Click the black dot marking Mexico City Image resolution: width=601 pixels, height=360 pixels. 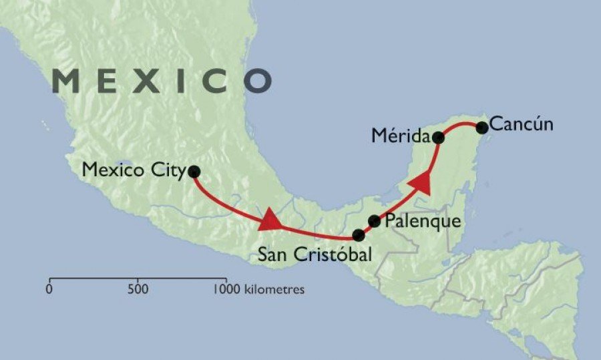[194, 172]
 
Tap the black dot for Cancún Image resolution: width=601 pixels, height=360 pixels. [481, 127]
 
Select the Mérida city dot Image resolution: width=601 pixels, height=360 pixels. [439, 138]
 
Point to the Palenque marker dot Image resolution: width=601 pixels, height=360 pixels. [375, 221]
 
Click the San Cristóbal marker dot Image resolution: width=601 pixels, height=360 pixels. [359, 234]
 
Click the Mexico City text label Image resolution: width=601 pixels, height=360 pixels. [132, 171]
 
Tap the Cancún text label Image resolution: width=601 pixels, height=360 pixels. [522, 124]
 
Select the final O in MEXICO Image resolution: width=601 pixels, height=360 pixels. [256, 81]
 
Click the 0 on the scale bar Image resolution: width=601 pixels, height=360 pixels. [49, 290]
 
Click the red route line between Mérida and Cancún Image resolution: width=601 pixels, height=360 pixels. [459, 125]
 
